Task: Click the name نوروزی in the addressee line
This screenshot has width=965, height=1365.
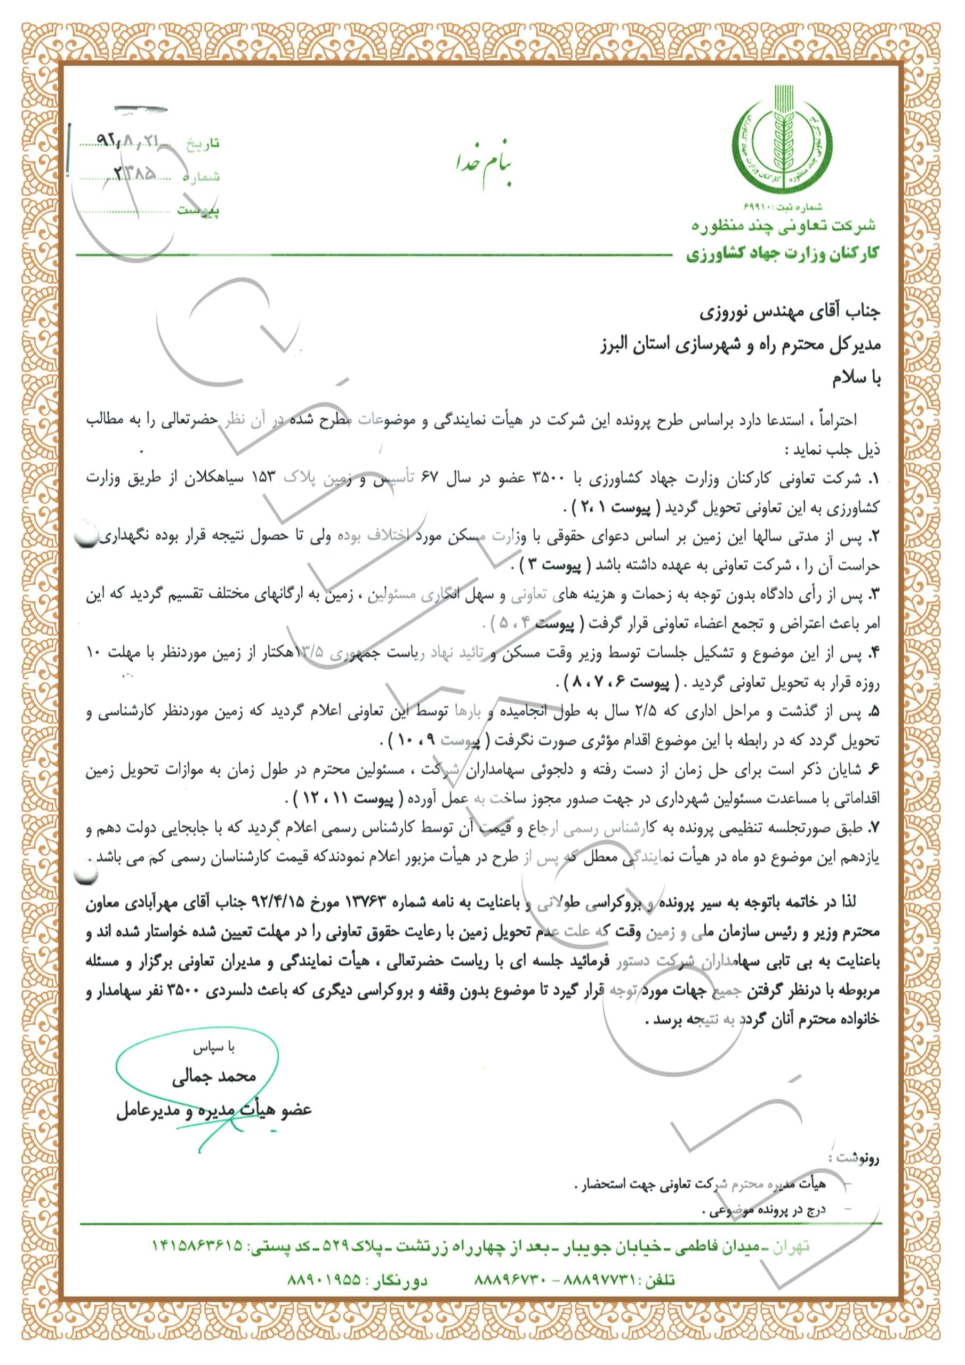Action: (x=721, y=311)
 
